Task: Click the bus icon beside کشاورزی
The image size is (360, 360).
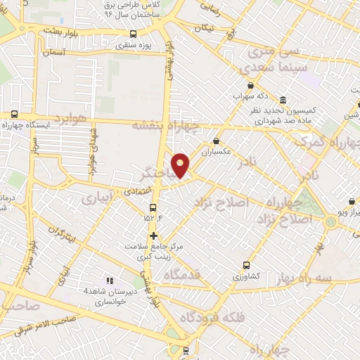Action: tap(246, 265)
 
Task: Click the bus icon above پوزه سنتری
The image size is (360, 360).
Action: tap(134, 33)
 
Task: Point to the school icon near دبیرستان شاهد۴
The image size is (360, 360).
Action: tap(109, 280)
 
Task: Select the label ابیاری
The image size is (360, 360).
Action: tap(97, 200)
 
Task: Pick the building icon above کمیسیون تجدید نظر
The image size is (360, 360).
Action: tap(283, 99)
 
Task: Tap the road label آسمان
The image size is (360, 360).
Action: tap(53, 53)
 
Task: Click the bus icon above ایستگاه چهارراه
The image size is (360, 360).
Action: tap(15, 114)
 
